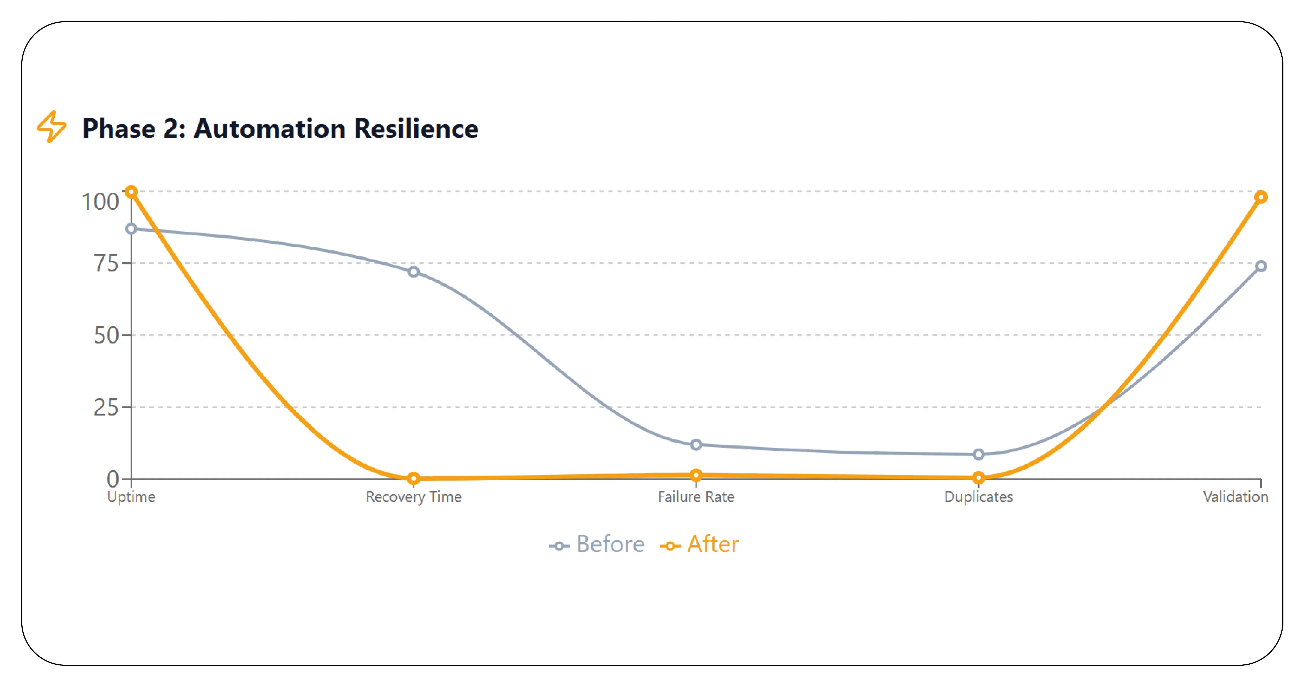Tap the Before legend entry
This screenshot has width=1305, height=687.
click(x=596, y=544)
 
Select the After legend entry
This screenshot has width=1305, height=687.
click(x=699, y=544)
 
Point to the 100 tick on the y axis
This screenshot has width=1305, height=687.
click(x=100, y=202)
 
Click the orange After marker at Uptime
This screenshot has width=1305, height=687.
click(x=131, y=192)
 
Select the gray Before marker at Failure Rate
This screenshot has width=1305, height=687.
click(x=696, y=444)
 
